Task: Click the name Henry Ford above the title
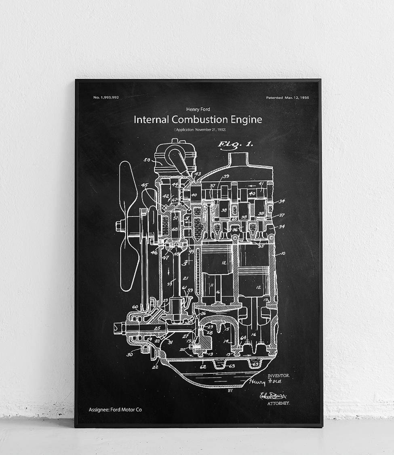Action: tap(198, 109)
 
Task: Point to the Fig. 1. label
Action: tap(235, 144)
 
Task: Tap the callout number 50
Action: tap(147, 160)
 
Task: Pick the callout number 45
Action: tap(144, 185)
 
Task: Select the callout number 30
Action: tap(129, 355)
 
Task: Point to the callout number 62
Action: tap(203, 366)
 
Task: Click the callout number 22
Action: tap(155, 367)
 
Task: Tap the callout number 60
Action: tap(135, 307)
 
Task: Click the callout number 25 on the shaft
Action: tap(158, 328)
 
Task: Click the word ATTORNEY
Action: tap(278, 403)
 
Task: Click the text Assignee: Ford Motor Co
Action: tap(115, 410)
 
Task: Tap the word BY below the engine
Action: tap(230, 391)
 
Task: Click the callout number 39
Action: tap(226, 176)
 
